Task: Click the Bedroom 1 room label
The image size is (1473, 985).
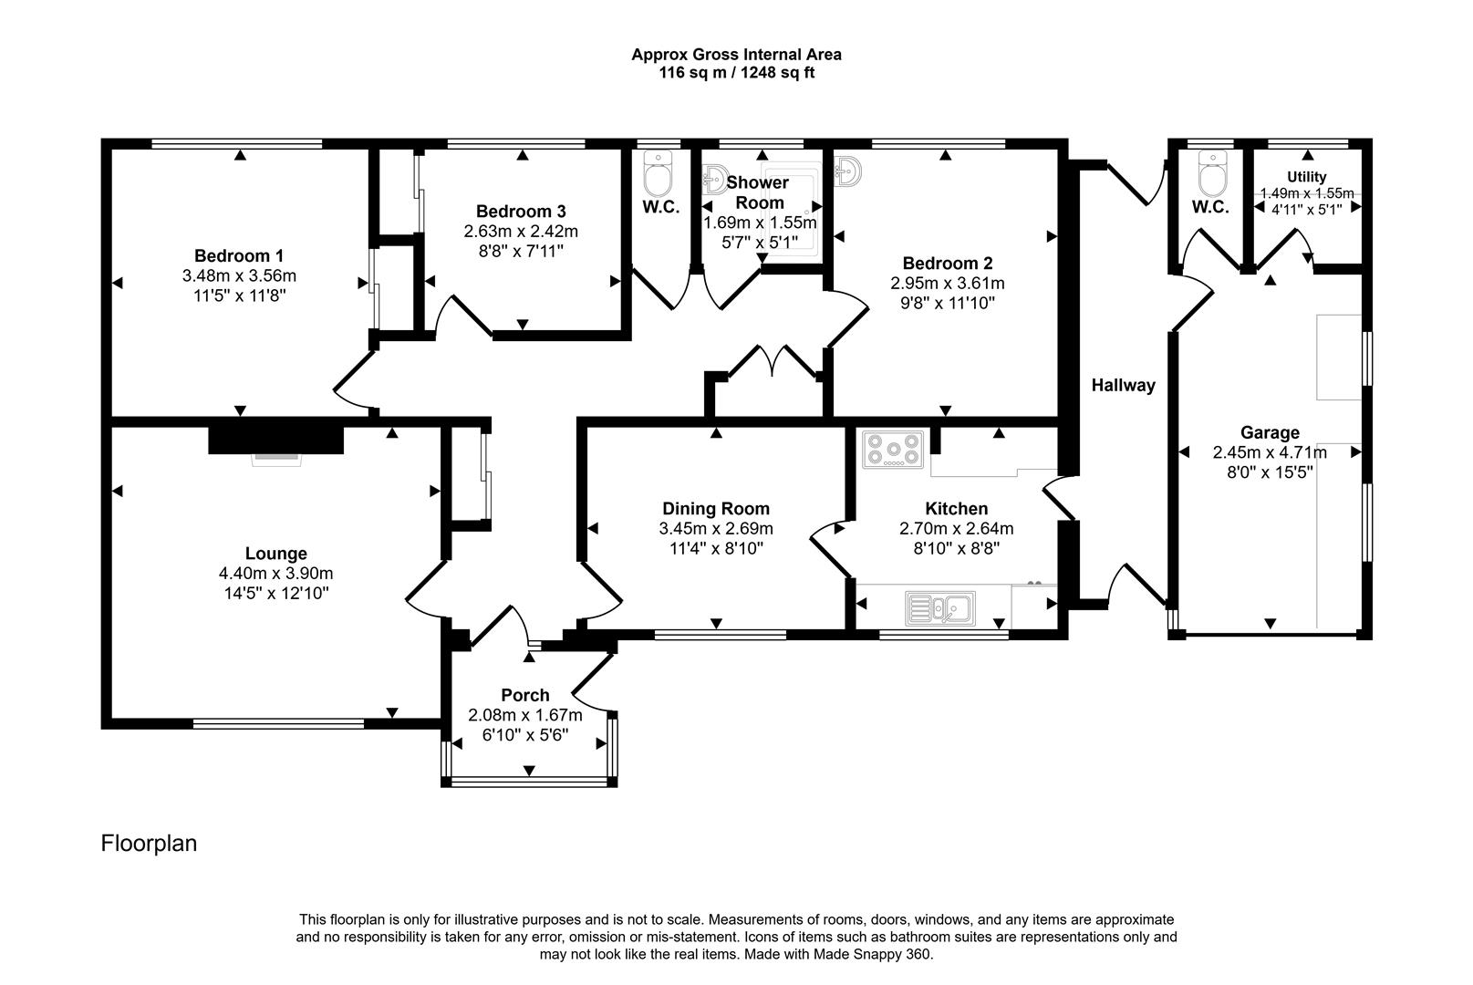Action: [232, 255]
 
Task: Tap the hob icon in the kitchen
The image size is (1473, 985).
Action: [893, 450]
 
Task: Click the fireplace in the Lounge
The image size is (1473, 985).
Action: [276, 441]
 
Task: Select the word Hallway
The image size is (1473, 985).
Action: [1123, 386]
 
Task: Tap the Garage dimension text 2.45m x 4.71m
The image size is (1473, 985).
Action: [1269, 452]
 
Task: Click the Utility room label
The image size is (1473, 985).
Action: [1306, 177]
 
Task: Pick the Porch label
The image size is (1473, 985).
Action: [524, 695]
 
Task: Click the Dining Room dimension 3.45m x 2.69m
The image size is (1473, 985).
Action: [715, 529]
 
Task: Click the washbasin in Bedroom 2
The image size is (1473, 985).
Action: [846, 170]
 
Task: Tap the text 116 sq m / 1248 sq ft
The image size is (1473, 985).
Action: [736, 73]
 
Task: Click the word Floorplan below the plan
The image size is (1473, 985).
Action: [149, 844]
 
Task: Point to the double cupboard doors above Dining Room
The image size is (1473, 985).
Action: [773, 360]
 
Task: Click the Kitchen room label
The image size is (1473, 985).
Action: [956, 509]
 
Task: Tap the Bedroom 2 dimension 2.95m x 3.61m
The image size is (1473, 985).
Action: [948, 284]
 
